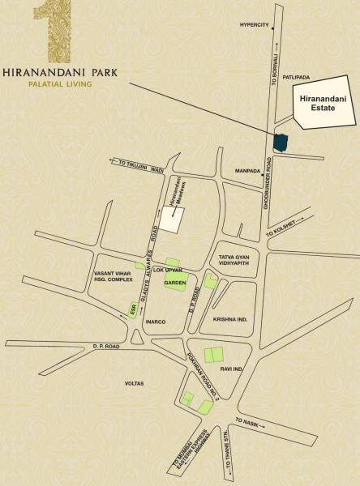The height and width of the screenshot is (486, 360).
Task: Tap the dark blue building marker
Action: [x=281, y=142]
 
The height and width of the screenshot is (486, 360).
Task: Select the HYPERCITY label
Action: [x=253, y=24]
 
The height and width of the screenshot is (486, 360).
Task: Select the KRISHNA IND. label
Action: [x=230, y=319]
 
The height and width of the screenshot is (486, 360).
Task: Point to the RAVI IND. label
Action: [x=232, y=369]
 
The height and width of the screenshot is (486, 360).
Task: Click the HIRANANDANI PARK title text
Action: [x=59, y=71]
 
